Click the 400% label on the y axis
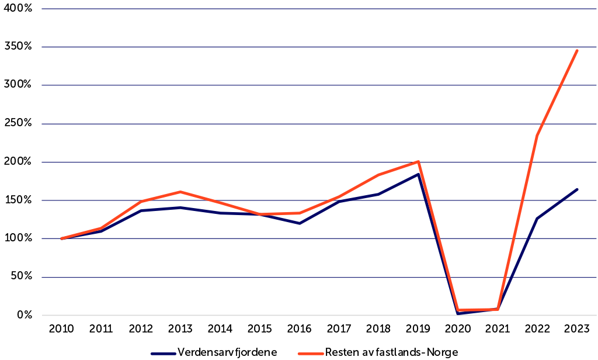[x=19, y=9]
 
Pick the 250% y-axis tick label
[x=19, y=124]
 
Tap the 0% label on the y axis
[x=24, y=316]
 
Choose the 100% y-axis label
[x=19, y=239]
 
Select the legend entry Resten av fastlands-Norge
[x=391, y=352]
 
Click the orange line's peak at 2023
[x=578, y=50]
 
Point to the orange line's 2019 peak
[x=419, y=161]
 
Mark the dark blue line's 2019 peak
[x=419, y=174]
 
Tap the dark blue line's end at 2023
[x=578, y=189]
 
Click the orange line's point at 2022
[x=537, y=136]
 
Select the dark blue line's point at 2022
[x=537, y=219]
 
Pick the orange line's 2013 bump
[x=180, y=192]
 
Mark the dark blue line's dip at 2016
[x=300, y=223]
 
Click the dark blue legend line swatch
[x=163, y=352]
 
